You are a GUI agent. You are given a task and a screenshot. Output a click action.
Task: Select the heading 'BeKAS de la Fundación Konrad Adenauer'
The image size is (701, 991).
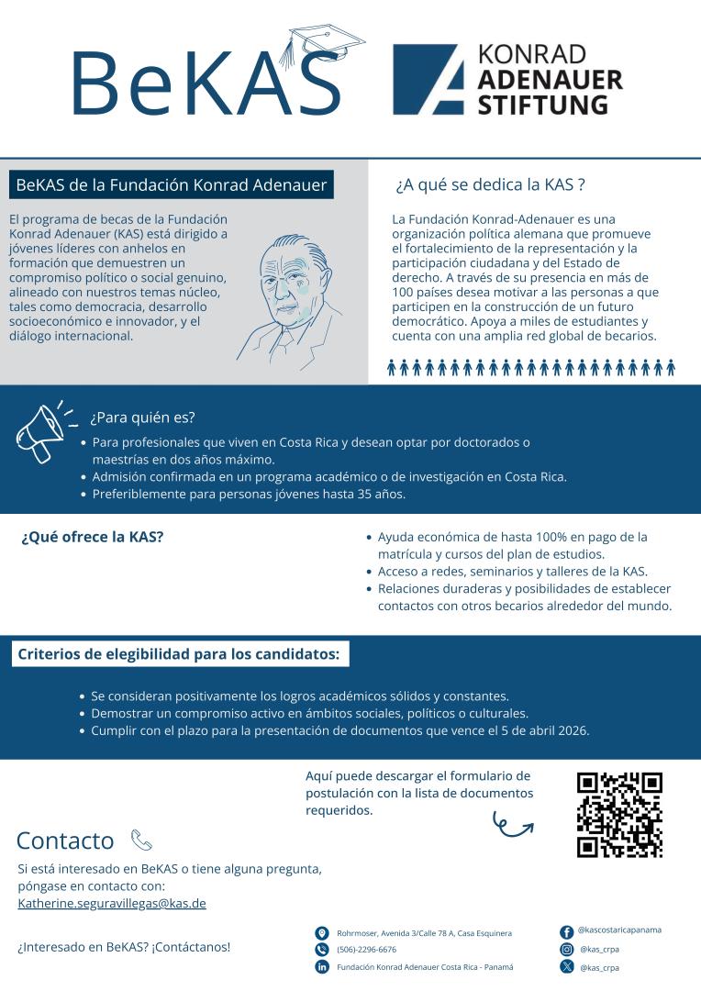pos(172,184)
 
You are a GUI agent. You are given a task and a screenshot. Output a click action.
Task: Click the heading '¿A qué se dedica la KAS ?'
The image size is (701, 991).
pos(490,184)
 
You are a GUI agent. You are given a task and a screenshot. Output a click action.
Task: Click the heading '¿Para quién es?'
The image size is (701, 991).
pos(142,419)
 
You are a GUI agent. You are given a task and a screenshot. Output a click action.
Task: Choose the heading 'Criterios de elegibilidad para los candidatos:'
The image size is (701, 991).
pos(179,655)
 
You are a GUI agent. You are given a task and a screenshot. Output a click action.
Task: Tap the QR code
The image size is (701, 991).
pos(619,815)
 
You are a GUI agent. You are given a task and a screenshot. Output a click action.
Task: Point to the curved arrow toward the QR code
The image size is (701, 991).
pos(513,822)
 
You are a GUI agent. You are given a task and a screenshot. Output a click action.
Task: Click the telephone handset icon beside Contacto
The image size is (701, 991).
pos(141,839)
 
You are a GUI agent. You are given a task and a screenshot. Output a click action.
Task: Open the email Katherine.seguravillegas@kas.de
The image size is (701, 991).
pos(112,903)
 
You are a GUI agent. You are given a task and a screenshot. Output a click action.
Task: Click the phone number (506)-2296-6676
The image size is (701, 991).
pos(367,950)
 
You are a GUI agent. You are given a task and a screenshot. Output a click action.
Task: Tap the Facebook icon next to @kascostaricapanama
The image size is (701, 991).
pos(566,932)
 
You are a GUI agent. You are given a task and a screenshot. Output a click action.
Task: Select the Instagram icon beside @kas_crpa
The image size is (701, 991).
pos(566,950)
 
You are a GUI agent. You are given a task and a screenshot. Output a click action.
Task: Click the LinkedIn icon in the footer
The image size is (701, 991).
pos(322,967)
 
